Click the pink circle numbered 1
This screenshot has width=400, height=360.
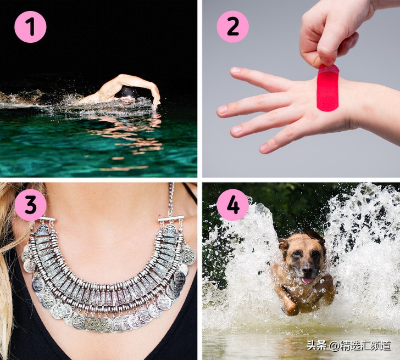(x=30, y=27)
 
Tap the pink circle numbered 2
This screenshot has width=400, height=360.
(x=232, y=27)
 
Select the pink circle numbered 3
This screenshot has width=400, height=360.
(x=30, y=205)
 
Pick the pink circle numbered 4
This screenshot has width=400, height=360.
(x=232, y=205)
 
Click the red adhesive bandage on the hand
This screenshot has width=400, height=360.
(x=328, y=88)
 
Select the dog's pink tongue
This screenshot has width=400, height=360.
(x=307, y=280)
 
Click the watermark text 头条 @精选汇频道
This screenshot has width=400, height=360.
(x=349, y=346)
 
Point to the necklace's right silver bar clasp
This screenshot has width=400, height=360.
(x=171, y=218)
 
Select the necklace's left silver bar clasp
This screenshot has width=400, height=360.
(x=47, y=219)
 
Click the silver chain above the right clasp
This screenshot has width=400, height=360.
(x=171, y=199)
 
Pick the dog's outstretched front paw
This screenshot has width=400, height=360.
(x=290, y=307)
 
